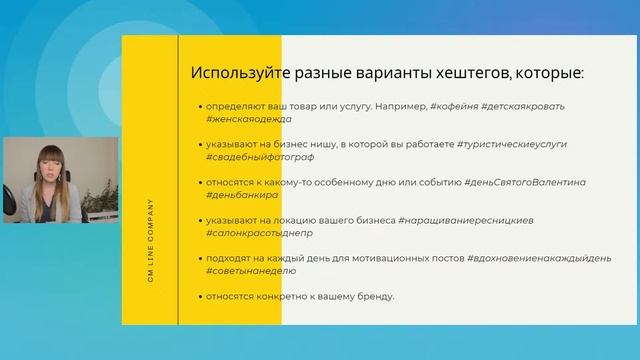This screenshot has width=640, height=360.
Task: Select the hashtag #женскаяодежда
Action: pyautogui.click(x=251, y=118)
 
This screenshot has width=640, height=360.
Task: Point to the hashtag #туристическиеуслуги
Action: pyautogui.click(x=511, y=144)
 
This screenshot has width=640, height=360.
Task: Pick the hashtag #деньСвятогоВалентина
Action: pyautogui.click(x=525, y=183)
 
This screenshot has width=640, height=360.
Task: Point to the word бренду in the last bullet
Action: pyautogui.click(x=373, y=296)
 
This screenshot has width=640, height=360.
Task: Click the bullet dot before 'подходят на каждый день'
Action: pyautogui.click(x=199, y=259)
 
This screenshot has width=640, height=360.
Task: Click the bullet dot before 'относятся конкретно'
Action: pyautogui.click(x=199, y=297)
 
